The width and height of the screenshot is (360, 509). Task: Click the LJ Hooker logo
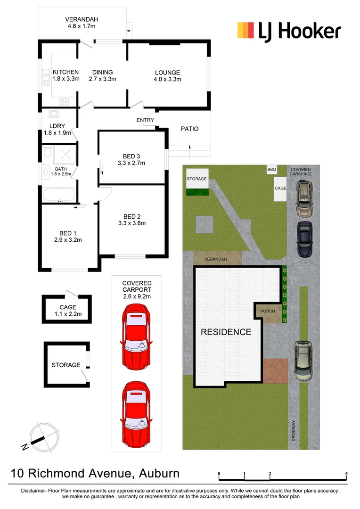(288, 31)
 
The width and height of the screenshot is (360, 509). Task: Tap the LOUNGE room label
(167, 73)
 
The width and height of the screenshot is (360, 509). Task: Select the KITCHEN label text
(65, 72)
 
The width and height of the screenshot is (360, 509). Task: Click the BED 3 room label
(131, 156)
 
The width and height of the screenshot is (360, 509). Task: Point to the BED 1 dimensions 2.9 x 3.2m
(68, 240)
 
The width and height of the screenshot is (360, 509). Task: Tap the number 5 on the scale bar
(346, 473)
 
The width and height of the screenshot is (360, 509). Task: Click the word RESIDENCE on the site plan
(226, 332)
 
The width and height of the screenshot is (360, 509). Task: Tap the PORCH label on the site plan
(268, 311)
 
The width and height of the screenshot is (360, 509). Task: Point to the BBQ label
(271, 170)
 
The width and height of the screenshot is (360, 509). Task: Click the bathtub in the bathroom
(58, 194)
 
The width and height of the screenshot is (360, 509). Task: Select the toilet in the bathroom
(47, 152)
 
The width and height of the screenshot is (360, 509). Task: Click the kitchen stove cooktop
(64, 101)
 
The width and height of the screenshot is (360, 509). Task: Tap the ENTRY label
(145, 120)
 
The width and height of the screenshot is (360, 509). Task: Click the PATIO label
(189, 129)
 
